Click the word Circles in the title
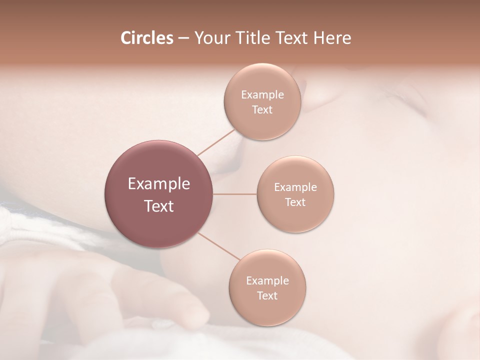(x=146, y=38)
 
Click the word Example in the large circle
(x=159, y=184)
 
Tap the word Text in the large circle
(x=159, y=206)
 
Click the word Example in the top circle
(x=262, y=95)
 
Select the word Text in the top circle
(x=262, y=110)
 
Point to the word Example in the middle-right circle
(x=295, y=187)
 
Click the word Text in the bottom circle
(x=267, y=295)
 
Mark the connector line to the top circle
(x=216, y=142)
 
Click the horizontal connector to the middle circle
(x=235, y=194)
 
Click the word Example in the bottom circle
(x=267, y=280)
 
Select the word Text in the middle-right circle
(x=295, y=202)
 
